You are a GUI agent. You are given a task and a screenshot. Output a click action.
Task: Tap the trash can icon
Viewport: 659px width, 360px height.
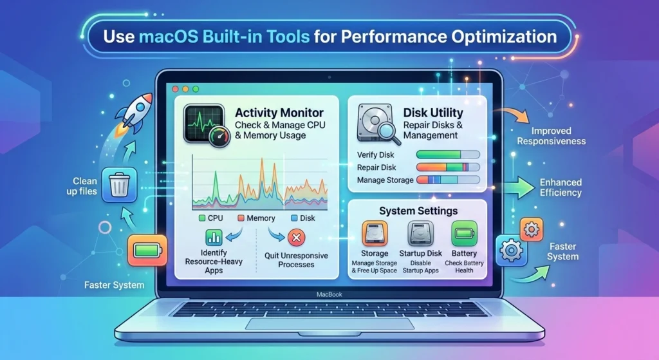tap(119, 185)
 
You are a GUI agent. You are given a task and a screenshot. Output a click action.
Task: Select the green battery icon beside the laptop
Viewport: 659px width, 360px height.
tap(147, 249)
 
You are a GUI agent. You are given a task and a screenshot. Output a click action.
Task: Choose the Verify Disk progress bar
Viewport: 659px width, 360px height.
tap(448, 155)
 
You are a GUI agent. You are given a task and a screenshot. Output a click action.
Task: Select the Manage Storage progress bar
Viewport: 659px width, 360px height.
tap(448, 180)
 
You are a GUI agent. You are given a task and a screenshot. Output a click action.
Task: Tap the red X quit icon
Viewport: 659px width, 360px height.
tap(297, 238)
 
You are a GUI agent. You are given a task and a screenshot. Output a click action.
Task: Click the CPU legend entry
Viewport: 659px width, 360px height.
tap(210, 218)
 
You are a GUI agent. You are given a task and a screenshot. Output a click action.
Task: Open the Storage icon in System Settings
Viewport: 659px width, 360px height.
tap(374, 234)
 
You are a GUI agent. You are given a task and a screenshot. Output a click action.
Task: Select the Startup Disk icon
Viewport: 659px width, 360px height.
tap(420, 234)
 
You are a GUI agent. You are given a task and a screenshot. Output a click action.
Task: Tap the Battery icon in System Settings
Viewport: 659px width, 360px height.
tap(463, 234)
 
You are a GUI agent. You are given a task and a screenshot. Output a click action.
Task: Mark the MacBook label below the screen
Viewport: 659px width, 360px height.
tap(330, 294)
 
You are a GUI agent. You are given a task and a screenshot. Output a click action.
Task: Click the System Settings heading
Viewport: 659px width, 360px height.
tap(418, 211)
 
